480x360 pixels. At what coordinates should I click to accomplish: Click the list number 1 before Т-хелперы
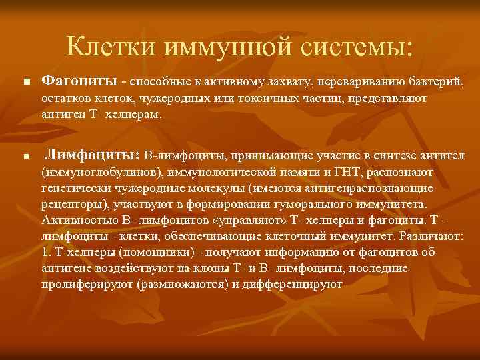click(45, 253)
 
